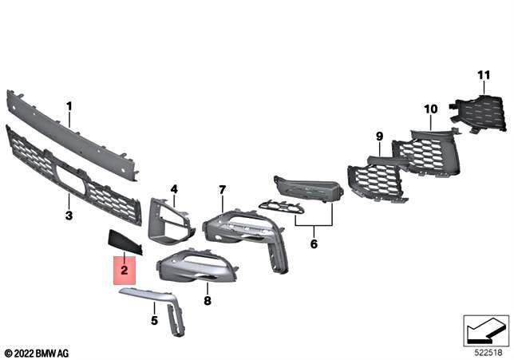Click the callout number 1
(x=69, y=105)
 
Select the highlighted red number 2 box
(x=124, y=271)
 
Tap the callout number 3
(x=69, y=216)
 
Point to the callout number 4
(x=173, y=189)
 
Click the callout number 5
(x=154, y=320)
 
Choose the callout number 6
(x=314, y=243)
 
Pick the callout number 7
(x=223, y=189)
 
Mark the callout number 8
(x=207, y=301)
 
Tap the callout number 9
(x=379, y=136)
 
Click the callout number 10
(x=430, y=108)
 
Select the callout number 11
(x=482, y=75)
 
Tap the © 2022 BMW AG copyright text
(x=36, y=352)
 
